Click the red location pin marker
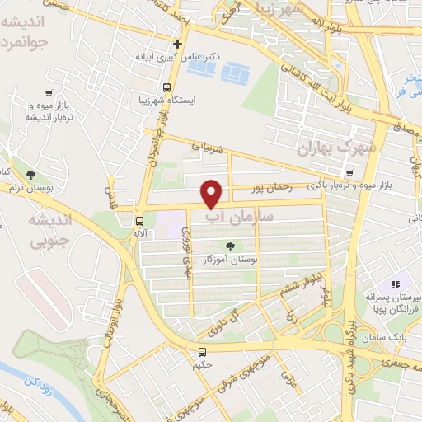pyautogui.click(x=213, y=194)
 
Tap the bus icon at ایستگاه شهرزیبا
pyautogui.click(x=167, y=87)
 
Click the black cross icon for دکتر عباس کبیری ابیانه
pyautogui.click(x=177, y=44)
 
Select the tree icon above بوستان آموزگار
pyautogui.click(x=230, y=246)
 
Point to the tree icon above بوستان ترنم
pyautogui.click(x=30, y=175)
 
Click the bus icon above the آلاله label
pyautogui.click(x=139, y=221)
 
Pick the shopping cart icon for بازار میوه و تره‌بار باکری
pyautogui.click(x=349, y=174)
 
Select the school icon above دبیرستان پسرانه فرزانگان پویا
pyautogui.click(x=394, y=283)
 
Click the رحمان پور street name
pyautogui.click(x=274, y=189)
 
